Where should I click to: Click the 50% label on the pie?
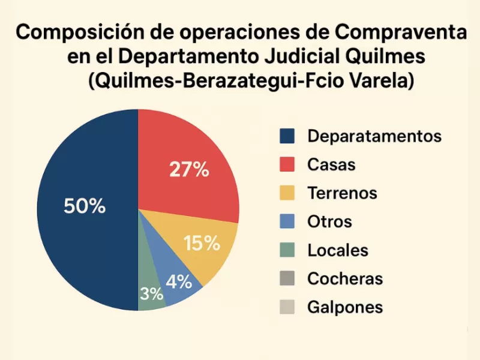[85, 206]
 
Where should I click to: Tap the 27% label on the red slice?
[189, 170]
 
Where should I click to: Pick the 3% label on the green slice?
[152, 294]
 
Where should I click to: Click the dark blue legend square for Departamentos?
[287, 136]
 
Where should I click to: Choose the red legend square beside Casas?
[287, 164]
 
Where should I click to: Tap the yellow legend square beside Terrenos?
[287, 193]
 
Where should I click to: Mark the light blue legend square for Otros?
[287, 221]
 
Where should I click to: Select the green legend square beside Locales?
[287, 250]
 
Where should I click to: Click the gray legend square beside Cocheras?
[287, 278]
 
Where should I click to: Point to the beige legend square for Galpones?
[287, 307]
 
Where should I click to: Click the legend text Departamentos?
[374, 136]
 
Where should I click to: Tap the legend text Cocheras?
[345, 278]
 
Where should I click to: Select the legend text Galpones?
[345, 307]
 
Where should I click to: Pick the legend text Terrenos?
[342, 193]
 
